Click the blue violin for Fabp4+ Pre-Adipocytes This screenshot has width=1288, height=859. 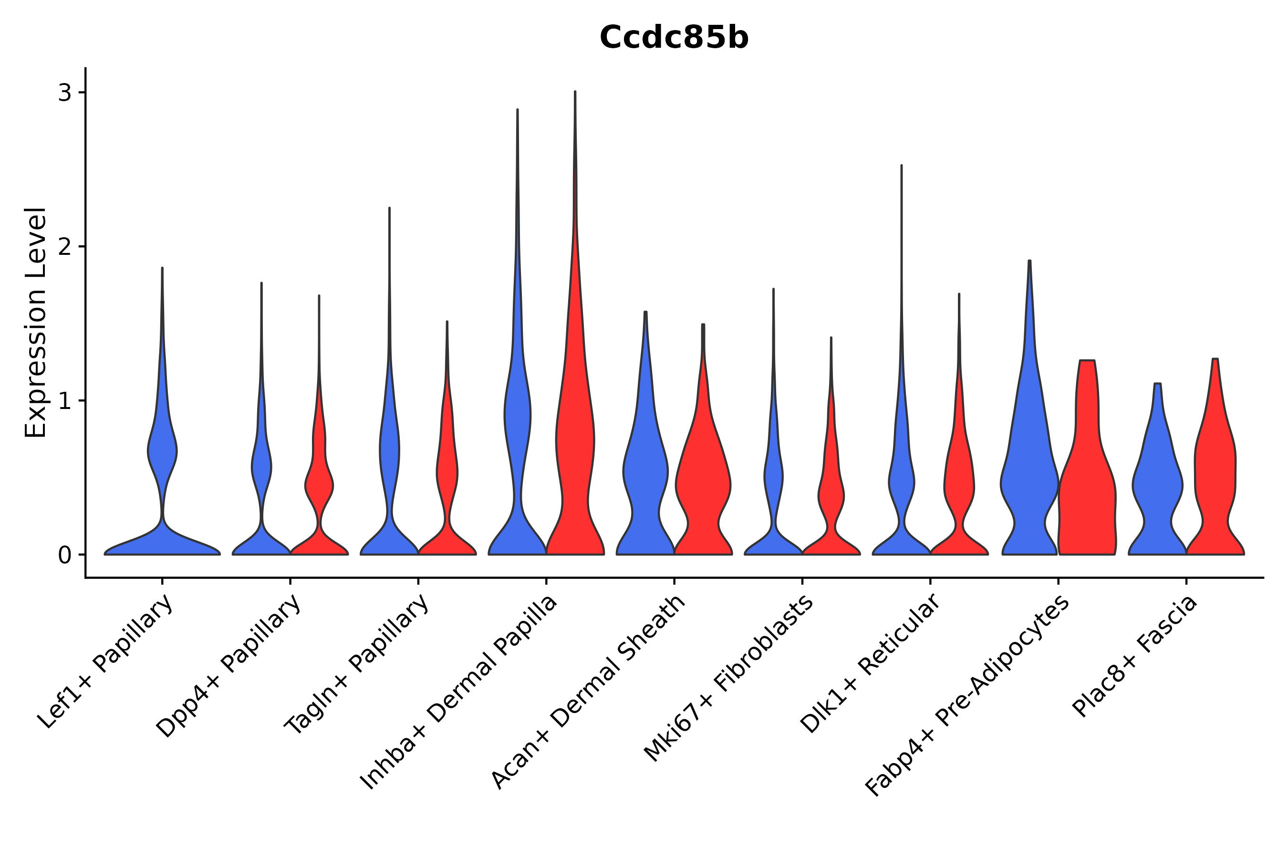1029,466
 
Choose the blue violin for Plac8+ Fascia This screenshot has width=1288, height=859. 1157,482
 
